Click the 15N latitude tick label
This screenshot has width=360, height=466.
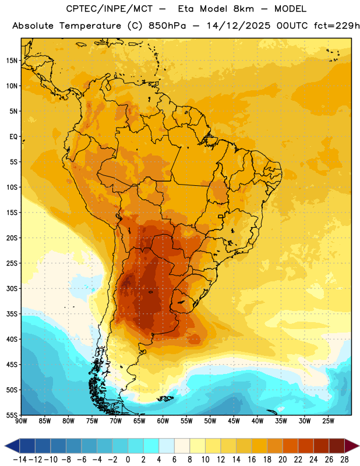coord(12,61)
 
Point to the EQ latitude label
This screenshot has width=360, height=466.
coord(13,137)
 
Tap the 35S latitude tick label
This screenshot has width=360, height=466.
coord(12,314)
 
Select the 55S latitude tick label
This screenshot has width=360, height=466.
coord(12,415)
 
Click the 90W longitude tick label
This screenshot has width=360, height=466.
coord(21,421)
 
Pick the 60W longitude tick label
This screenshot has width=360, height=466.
coord(163,421)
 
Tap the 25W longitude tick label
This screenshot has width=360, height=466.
coord(328,421)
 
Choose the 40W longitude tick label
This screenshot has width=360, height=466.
coord(257,421)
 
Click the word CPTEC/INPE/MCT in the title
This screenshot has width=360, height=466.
coord(109,9)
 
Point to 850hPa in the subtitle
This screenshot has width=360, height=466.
coord(167,26)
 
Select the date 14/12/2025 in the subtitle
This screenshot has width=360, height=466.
coord(239,26)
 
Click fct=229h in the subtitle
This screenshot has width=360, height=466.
coord(337,26)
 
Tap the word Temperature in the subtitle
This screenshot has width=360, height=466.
coord(90,26)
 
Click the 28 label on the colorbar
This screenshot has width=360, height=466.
coord(344,460)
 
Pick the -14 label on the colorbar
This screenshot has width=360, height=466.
coord(20,460)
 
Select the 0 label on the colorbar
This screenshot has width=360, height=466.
coord(128,460)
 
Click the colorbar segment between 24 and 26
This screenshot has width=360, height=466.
coord(322,446)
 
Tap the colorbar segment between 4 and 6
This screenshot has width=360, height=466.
coord(167,446)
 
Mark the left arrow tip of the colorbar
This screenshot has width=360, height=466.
coord(5,446)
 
